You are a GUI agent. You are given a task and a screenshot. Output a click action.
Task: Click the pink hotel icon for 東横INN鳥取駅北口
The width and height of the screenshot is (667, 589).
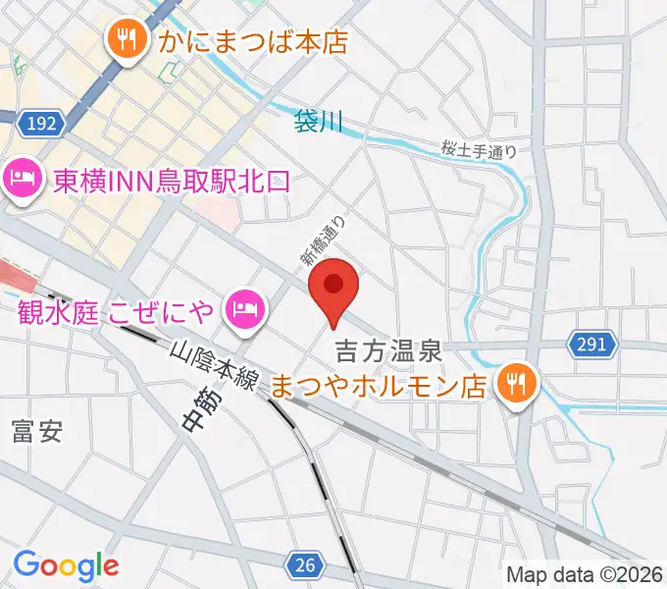tap(20, 179)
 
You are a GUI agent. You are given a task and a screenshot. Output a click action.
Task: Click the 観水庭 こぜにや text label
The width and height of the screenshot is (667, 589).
tap(116, 313)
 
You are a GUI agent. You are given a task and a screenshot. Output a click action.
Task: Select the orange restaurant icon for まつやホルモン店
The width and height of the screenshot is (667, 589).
tap(515, 382)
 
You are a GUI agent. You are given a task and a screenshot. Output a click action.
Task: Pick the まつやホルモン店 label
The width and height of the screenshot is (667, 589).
tap(379, 384)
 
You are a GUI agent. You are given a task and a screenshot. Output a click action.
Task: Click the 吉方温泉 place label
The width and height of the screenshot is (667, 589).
tap(391, 349)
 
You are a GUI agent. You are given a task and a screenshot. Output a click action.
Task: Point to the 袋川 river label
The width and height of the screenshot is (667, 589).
tap(319, 123)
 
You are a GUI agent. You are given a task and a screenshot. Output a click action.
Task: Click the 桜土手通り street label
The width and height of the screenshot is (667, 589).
tap(478, 150)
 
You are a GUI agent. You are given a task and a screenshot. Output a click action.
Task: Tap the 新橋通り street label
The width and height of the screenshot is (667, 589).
tap(324, 241)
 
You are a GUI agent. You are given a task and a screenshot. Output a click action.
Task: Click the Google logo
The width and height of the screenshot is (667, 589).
tap(66, 565)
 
